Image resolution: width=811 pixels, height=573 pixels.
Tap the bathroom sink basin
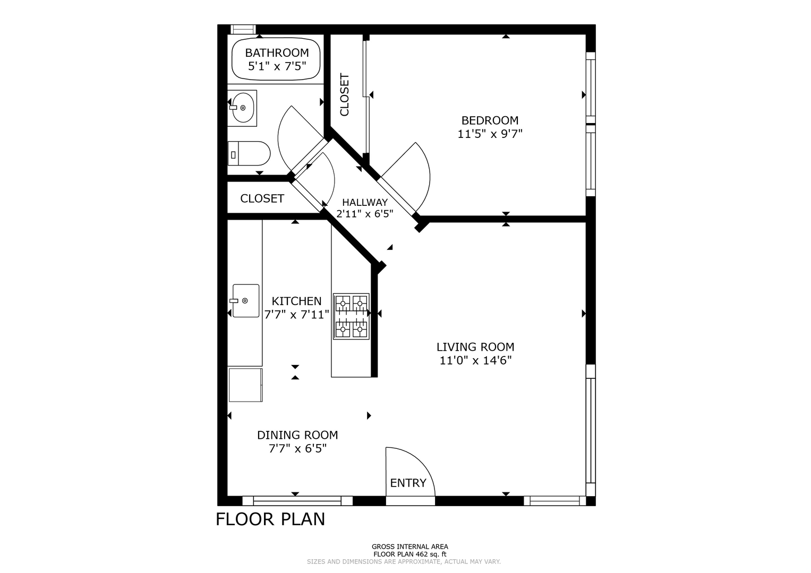coord(243,108)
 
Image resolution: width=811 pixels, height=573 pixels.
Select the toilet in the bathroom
coord(249,153)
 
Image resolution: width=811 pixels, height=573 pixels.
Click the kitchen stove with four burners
coord(351,317)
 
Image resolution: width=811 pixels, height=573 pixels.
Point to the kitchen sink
coord(245,301)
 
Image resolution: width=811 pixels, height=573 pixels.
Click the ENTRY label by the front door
coord(408,483)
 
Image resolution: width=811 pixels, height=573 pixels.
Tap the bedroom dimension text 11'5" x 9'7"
coord(490,134)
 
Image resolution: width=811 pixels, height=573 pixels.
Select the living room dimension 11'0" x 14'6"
coord(475,361)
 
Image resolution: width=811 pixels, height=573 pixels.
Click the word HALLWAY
coord(365,202)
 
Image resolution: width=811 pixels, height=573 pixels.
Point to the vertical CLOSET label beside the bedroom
coord(345,95)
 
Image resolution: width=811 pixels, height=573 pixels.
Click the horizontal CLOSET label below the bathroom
coord(262,198)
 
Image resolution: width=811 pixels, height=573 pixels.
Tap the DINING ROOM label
coord(297,435)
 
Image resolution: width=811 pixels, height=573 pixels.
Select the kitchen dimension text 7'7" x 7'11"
coord(296,315)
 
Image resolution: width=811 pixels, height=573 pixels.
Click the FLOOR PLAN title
coord(270,519)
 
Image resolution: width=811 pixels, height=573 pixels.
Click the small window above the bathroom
coord(243,29)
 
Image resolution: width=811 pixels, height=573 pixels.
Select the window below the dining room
coord(297,501)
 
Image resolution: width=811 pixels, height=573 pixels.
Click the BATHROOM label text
coord(277,53)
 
